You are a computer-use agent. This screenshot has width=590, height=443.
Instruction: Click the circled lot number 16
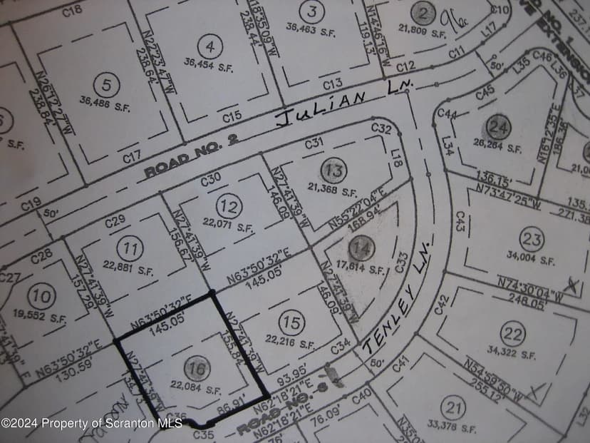[197, 369]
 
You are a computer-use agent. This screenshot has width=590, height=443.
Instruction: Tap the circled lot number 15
[291, 323]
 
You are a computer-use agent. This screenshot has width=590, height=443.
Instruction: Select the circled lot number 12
[229, 207]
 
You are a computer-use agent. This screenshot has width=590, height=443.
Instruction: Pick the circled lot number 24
[500, 128]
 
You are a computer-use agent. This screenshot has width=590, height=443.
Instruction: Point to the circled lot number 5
[106, 86]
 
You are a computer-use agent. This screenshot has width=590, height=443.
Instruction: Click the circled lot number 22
[513, 333]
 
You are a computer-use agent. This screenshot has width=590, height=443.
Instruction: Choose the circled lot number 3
[311, 11]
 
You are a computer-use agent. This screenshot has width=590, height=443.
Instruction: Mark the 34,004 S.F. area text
[531, 258]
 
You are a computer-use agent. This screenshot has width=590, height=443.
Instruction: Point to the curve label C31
[314, 143]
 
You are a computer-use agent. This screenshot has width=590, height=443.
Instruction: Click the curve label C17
[131, 156]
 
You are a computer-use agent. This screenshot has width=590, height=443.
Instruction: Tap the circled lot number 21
[453, 409]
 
